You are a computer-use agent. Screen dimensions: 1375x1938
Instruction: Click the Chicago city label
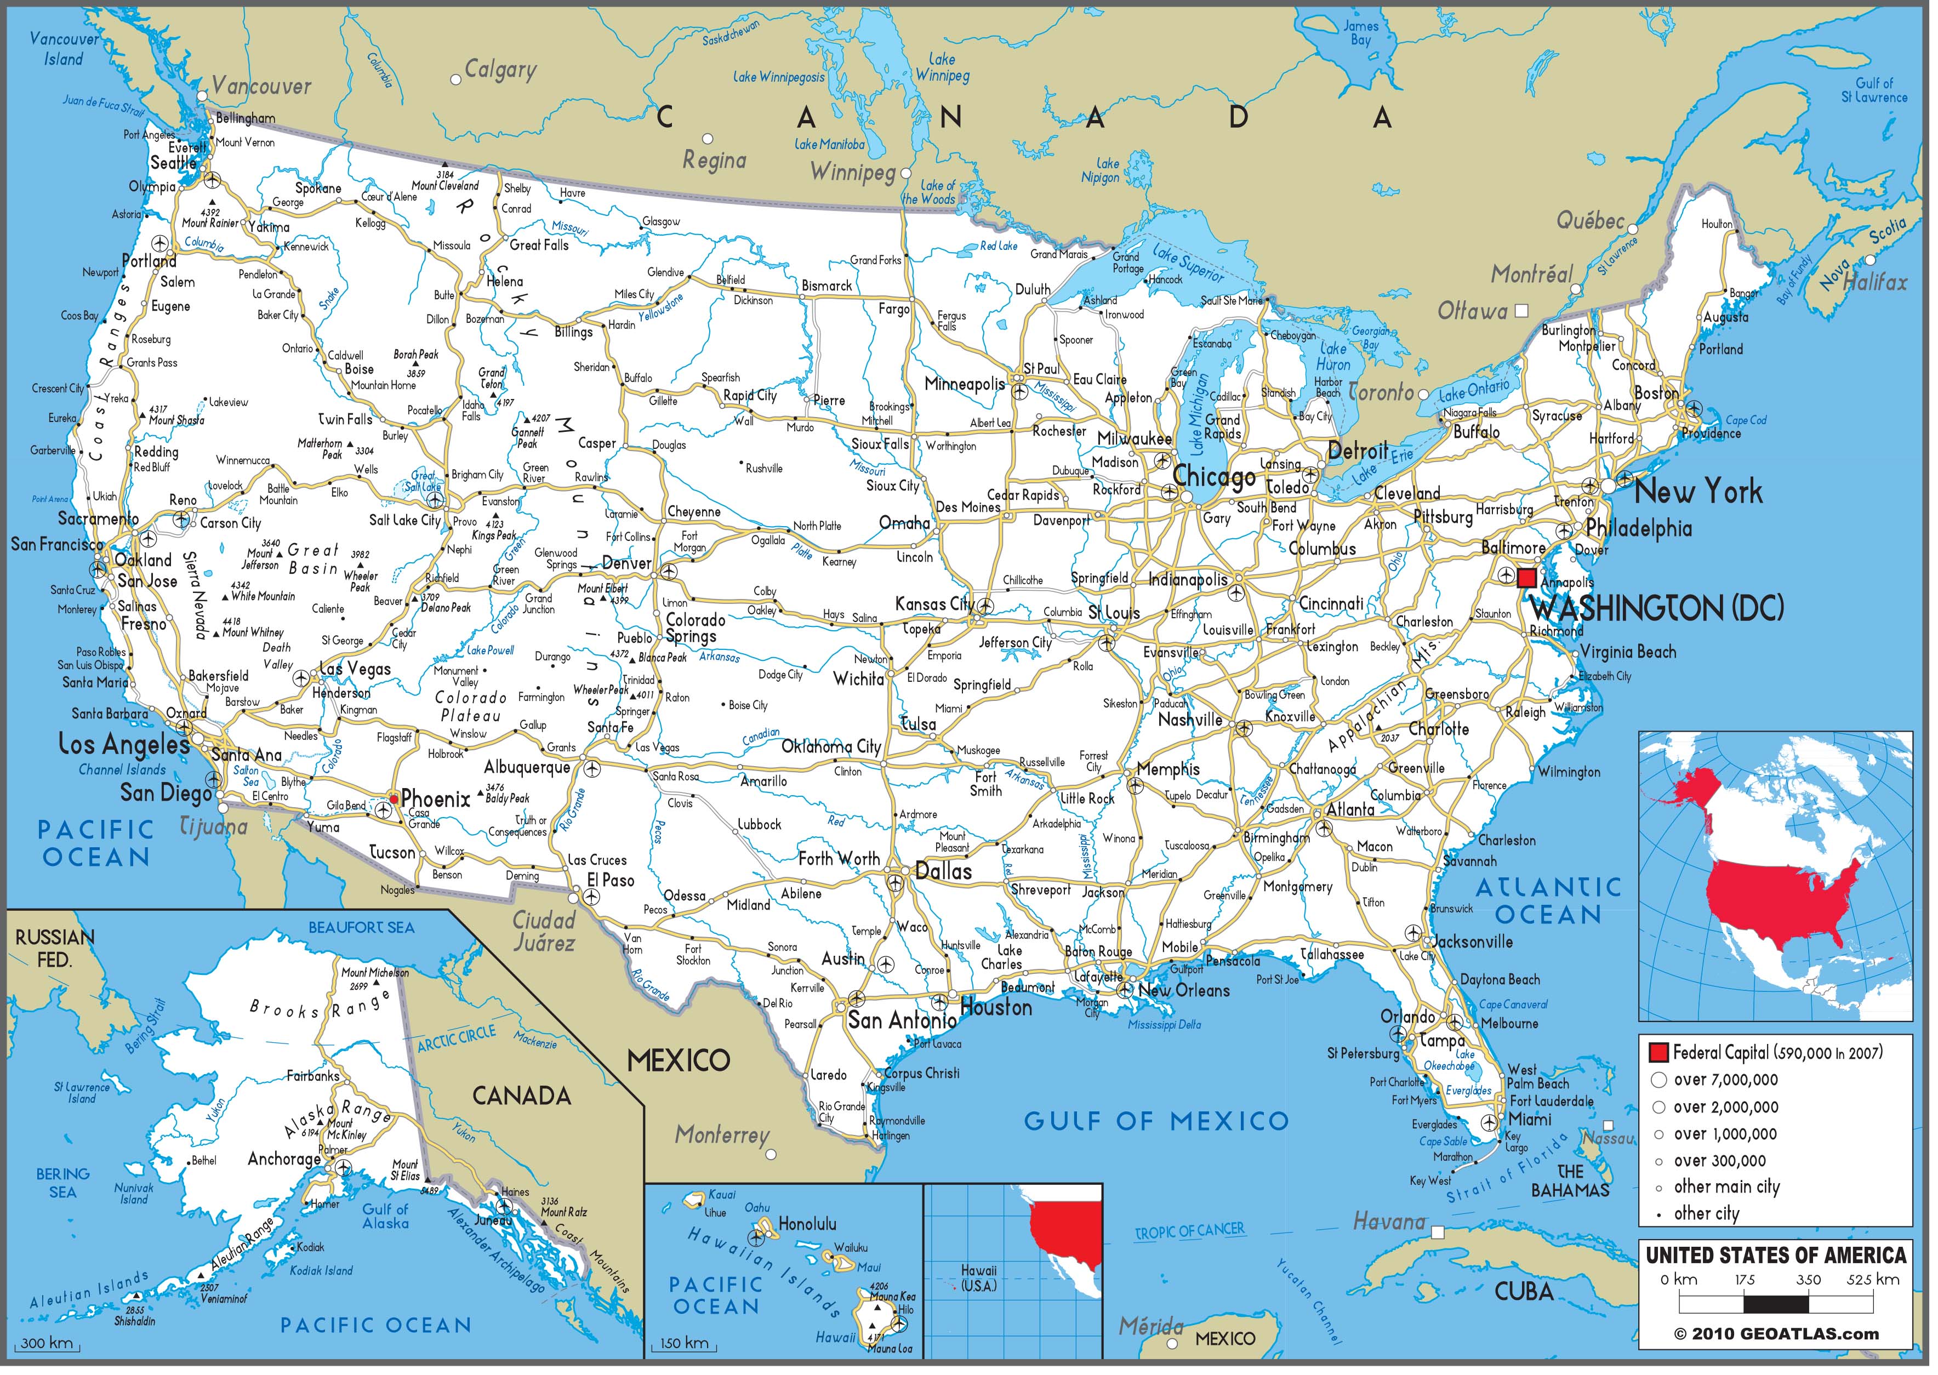(1214, 477)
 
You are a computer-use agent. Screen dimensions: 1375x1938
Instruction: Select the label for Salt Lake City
(404, 520)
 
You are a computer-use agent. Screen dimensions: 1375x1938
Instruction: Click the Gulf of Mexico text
(1156, 1121)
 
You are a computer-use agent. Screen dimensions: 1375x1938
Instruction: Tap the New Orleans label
(1184, 991)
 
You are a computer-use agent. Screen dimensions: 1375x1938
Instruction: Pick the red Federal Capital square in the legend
(1658, 1052)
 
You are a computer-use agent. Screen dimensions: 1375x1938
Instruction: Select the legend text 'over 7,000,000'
(1725, 1080)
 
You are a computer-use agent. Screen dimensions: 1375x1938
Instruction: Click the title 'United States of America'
(1775, 1255)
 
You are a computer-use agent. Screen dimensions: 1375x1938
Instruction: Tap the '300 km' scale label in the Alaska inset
(47, 1343)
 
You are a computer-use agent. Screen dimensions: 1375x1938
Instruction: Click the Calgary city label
(500, 70)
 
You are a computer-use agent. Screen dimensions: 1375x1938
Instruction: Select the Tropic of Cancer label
(1189, 1230)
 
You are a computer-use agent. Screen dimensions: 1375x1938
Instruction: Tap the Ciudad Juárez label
(544, 931)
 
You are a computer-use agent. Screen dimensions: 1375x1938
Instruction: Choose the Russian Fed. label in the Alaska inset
(55, 948)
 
